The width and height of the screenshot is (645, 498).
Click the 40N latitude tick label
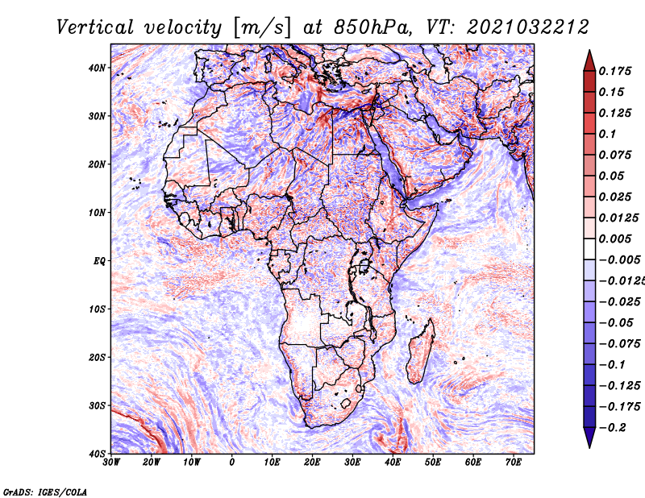click(x=98, y=68)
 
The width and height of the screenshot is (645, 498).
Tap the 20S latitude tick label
click(x=98, y=357)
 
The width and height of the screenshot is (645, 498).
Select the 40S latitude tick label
click(x=98, y=454)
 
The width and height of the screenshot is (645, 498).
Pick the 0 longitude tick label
click(x=232, y=463)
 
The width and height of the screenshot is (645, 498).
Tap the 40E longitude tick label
click(x=393, y=463)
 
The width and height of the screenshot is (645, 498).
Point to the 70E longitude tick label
click(x=514, y=463)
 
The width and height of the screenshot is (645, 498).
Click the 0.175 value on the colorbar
click(x=614, y=71)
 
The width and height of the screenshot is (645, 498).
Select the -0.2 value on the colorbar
click(x=612, y=427)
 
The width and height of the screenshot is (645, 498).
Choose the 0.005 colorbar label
click(x=614, y=239)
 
